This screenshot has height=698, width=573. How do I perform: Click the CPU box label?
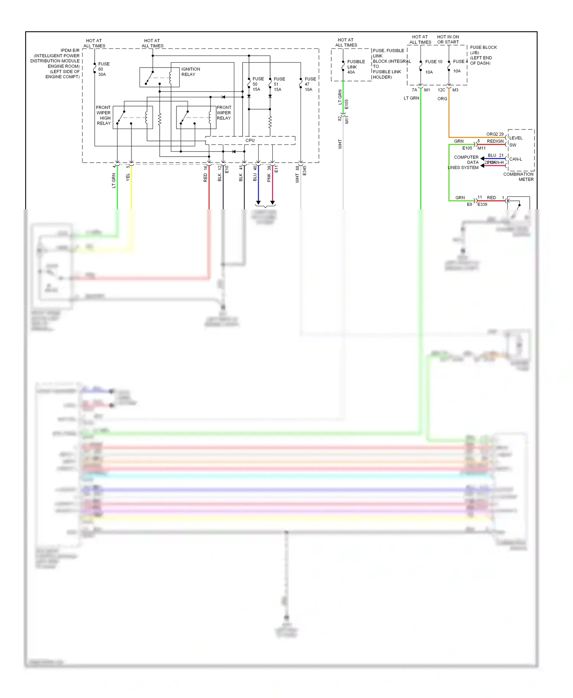[250, 141]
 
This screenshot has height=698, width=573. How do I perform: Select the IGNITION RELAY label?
[190, 72]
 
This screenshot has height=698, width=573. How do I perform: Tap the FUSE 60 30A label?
[104, 69]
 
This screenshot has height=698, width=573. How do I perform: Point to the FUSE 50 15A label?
[258, 84]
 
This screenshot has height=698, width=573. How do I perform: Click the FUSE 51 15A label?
[279, 84]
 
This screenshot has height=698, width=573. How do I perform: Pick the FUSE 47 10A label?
[310, 84]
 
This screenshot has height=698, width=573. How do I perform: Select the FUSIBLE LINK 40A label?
[356, 67]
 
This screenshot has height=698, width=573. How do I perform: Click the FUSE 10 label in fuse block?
[434, 62]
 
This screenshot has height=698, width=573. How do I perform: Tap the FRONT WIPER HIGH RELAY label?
[104, 115]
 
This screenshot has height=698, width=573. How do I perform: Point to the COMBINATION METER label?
[518, 177]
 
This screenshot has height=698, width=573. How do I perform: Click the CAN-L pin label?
[515, 159]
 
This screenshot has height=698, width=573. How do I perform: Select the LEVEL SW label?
[515, 141]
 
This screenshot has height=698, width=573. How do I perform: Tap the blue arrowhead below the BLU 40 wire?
[258, 202]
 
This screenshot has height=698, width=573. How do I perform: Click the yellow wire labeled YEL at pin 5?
[131, 191]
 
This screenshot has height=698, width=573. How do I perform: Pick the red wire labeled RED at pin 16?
[209, 191]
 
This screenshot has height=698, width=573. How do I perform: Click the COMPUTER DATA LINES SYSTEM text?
[464, 162]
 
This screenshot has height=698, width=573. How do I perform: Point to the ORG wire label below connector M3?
[442, 99]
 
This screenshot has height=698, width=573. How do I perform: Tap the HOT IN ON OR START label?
[448, 40]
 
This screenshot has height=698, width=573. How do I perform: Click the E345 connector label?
[304, 171]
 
